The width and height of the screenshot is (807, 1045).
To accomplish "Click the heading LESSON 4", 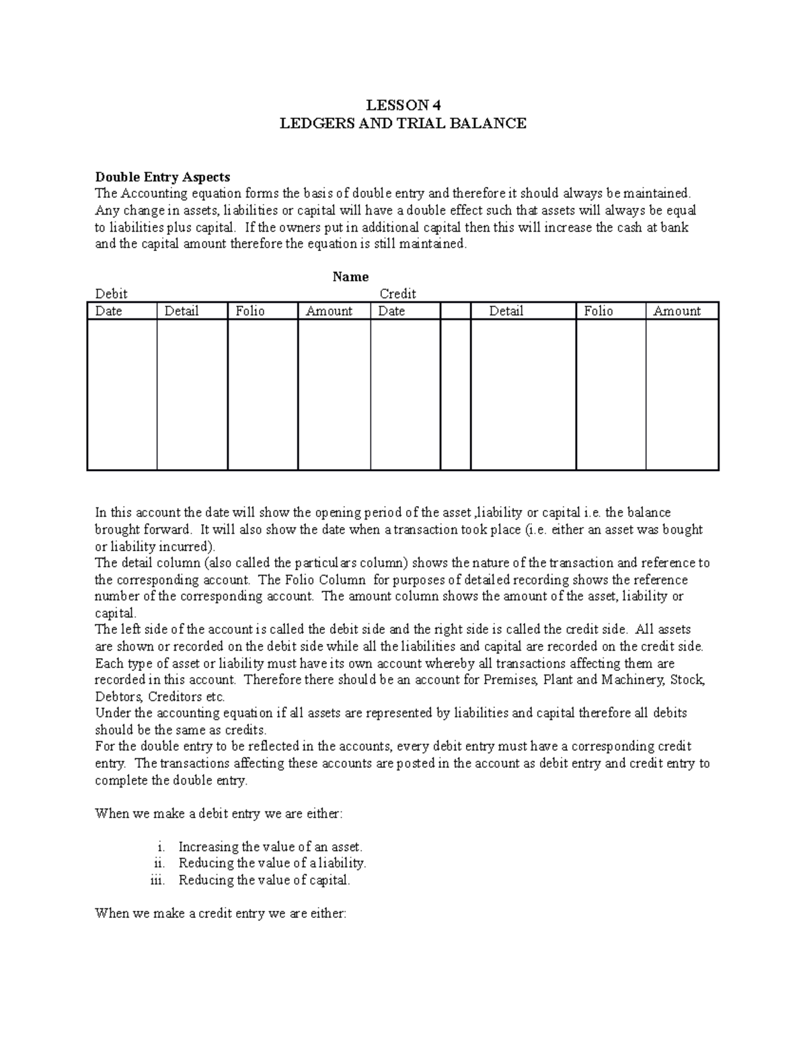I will [403, 105].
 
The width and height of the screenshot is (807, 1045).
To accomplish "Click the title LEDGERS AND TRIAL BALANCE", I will [403, 123].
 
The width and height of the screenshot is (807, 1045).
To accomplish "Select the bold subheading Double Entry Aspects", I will [162, 177].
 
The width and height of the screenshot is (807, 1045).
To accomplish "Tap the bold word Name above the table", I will [350, 277].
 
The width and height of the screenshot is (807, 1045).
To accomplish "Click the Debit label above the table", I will [111, 294].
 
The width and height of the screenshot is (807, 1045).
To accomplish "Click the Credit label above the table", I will [397, 294].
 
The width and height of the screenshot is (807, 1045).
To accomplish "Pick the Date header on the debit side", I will [108, 311].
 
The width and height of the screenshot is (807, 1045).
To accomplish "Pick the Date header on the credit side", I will [391, 311].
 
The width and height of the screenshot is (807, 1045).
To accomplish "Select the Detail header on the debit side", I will [182, 311].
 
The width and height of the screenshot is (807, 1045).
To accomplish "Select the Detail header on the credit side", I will [506, 311].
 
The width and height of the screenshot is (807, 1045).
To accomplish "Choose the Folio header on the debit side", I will [250, 311].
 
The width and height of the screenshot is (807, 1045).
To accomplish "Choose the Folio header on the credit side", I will [599, 311].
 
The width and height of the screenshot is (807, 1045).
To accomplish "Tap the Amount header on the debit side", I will [329, 311].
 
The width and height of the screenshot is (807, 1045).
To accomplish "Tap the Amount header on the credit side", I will [677, 311].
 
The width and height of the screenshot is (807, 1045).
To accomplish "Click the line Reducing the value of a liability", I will [272, 863].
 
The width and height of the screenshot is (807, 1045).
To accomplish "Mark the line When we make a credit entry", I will [220, 914].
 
